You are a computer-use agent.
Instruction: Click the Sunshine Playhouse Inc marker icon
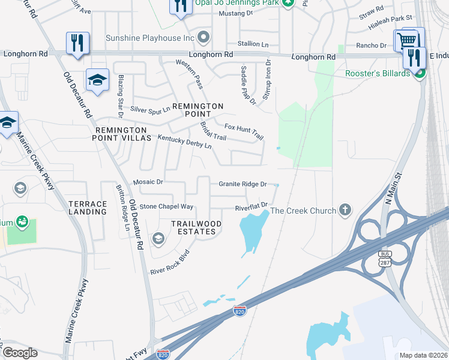(x=204, y=38)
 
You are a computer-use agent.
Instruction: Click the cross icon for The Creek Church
(x=345, y=210)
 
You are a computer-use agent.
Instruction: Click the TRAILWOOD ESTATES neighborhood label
(x=196, y=227)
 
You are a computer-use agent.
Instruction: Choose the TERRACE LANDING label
(x=87, y=208)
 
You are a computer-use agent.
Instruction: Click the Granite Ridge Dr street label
(x=242, y=184)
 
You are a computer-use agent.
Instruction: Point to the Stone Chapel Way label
(x=166, y=206)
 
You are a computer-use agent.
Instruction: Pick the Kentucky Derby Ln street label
(x=184, y=142)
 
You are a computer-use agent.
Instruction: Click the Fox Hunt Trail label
(x=244, y=131)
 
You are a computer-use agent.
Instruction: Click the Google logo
(x=19, y=353)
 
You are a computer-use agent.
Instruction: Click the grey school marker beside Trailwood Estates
(x=158, y=239)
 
